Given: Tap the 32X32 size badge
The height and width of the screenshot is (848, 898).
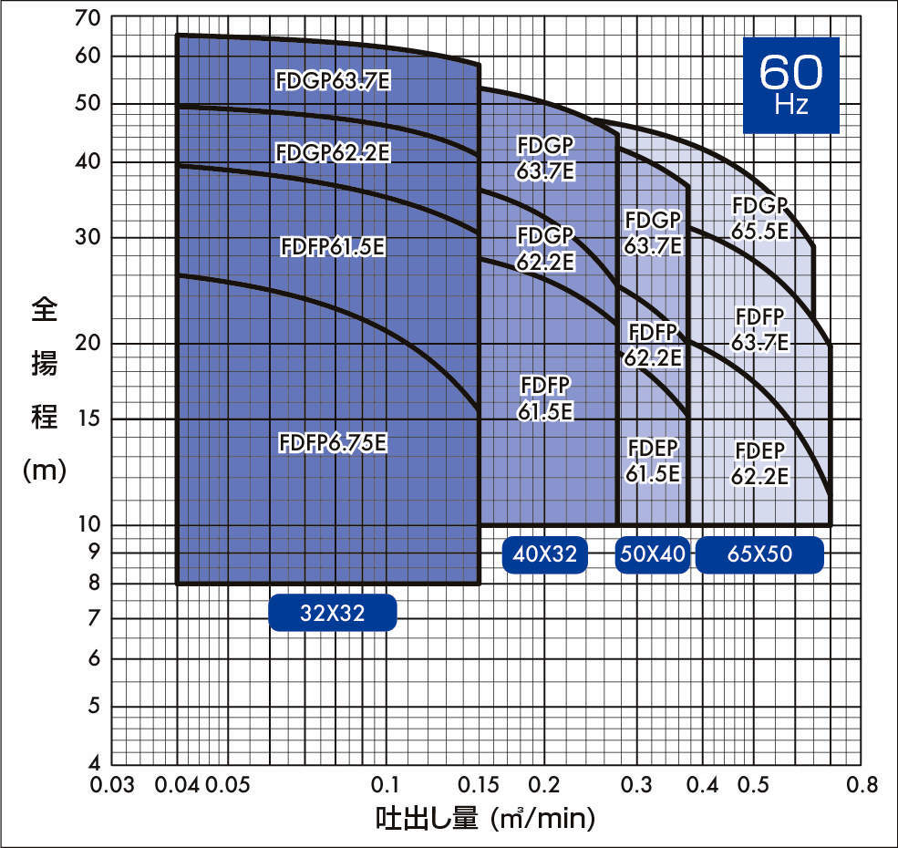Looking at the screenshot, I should pos(333,613).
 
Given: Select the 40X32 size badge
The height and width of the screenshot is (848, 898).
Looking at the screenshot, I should pos(545,554).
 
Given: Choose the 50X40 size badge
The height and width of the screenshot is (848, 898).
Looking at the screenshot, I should pos(652,554).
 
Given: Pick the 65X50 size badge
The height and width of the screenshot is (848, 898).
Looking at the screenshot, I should pos(759,554).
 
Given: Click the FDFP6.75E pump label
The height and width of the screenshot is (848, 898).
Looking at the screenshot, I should pos(333,443).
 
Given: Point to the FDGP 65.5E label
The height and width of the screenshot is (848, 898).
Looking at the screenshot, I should pos(759,219).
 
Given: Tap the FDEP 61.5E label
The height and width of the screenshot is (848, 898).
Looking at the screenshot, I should pos(653,460).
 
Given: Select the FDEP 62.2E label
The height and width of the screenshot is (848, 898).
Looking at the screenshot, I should pos(759,463).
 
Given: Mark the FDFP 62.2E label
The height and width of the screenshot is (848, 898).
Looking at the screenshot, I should pos(653,344).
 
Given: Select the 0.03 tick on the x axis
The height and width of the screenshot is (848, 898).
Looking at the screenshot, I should pos(112,785).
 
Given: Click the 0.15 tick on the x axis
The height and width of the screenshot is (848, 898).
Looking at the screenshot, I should pos(479,785).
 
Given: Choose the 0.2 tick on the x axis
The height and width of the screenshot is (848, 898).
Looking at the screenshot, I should pos(544,785).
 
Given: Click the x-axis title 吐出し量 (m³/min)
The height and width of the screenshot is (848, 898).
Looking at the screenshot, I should pos(485,818).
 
